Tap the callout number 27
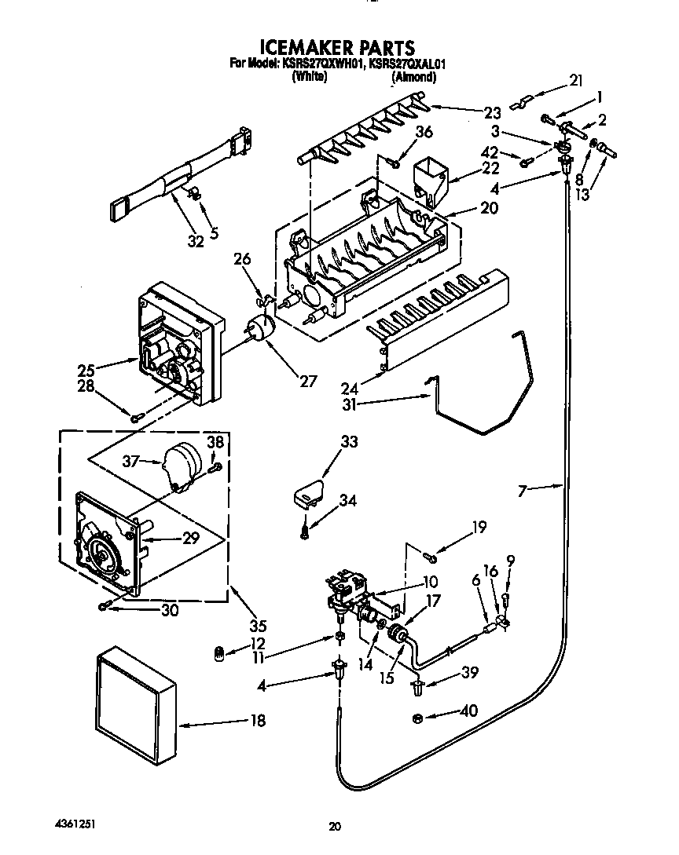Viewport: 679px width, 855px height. click(x=307, y=382)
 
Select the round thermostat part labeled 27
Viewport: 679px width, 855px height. click(x=260, y=327)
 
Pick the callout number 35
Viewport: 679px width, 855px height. click(x=257, y=626)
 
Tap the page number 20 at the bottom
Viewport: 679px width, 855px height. click(x=336, y=826)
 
